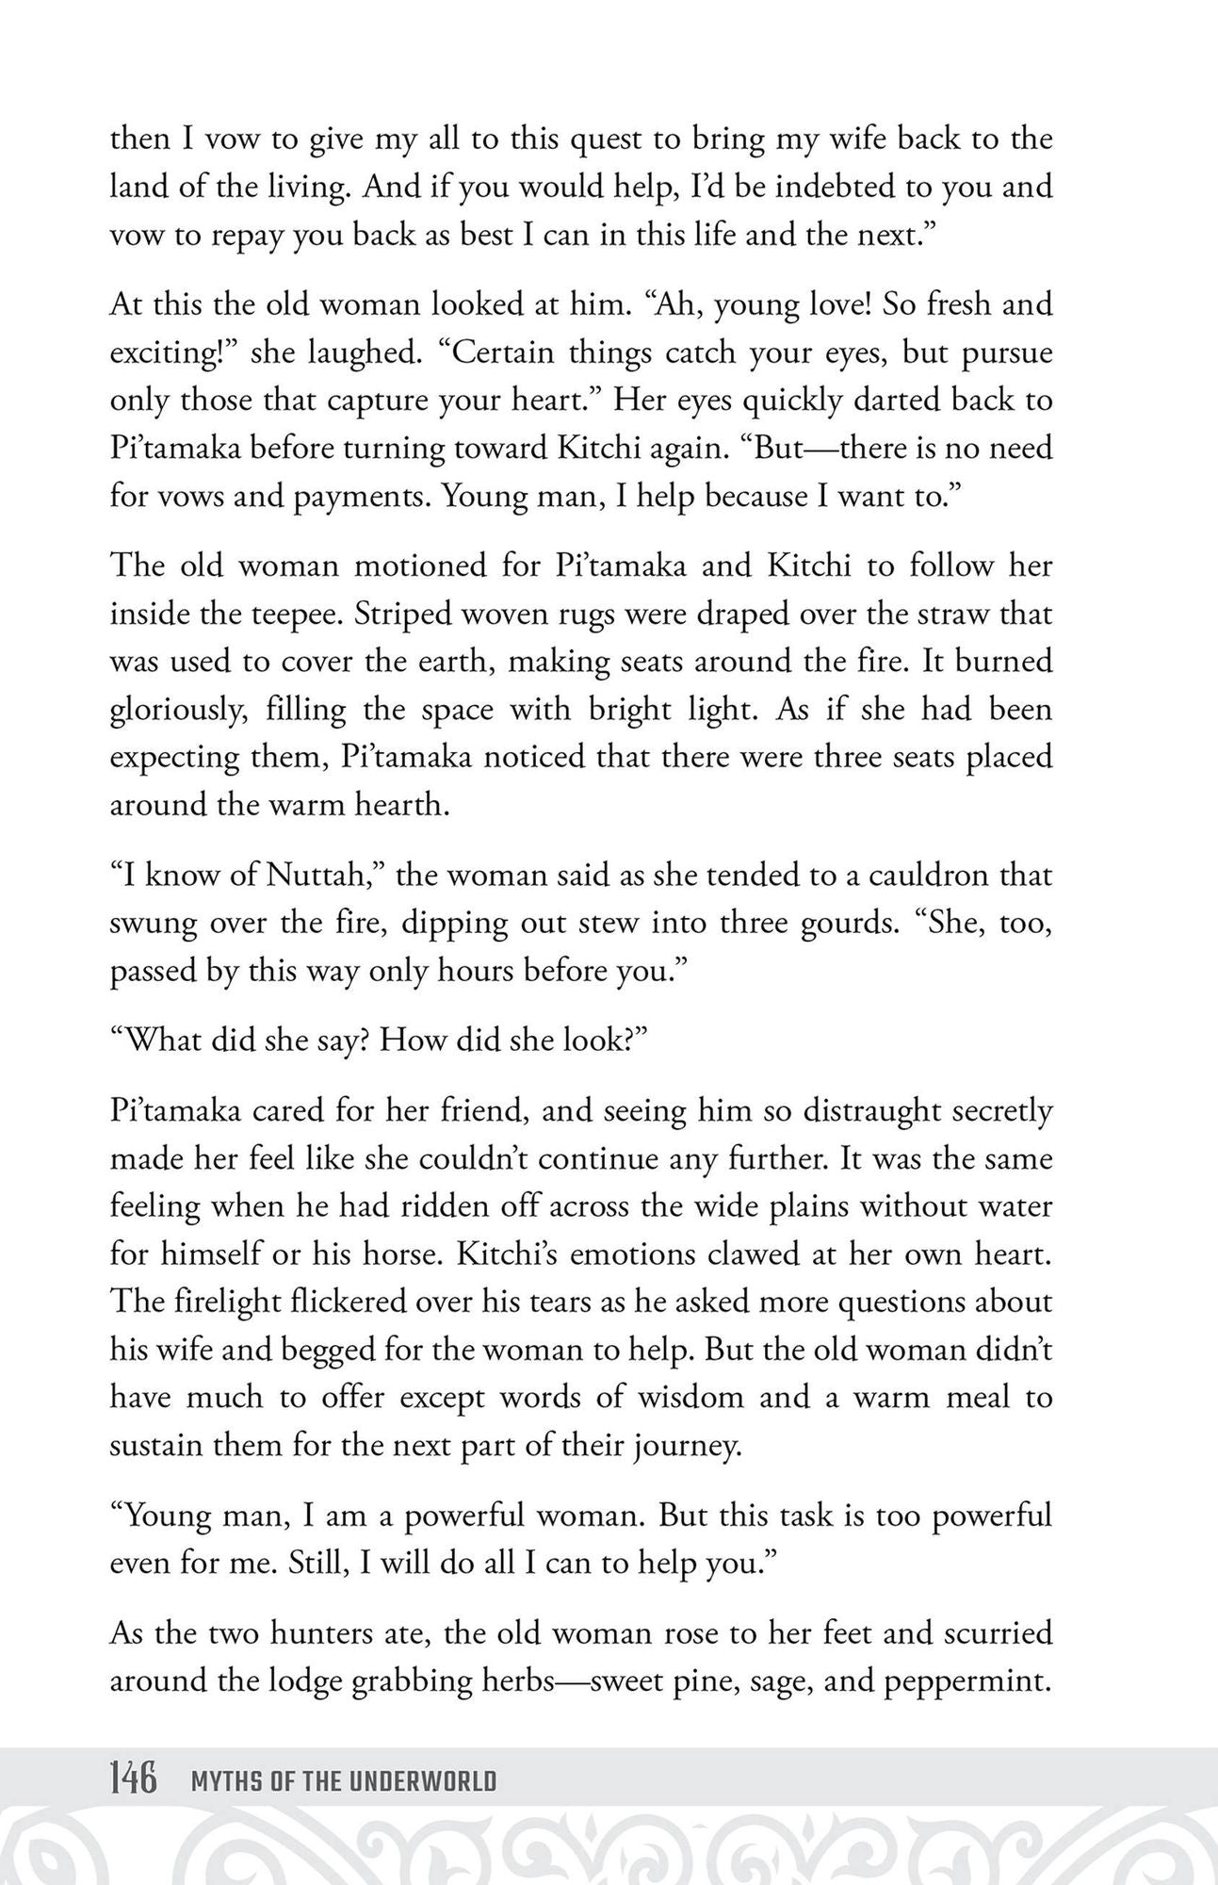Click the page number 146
pos(133,1780)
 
